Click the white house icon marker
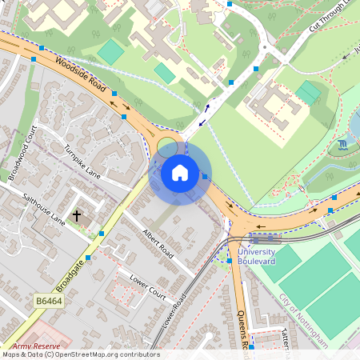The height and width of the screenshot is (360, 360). (x=180, y=172)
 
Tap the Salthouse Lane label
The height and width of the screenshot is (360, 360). (x=43, y=207)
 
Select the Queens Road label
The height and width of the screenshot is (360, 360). (x=243, y=320)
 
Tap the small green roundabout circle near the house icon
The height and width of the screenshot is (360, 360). (x=167, y=147)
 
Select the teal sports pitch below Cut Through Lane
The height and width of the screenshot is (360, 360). (x=308, y=92)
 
